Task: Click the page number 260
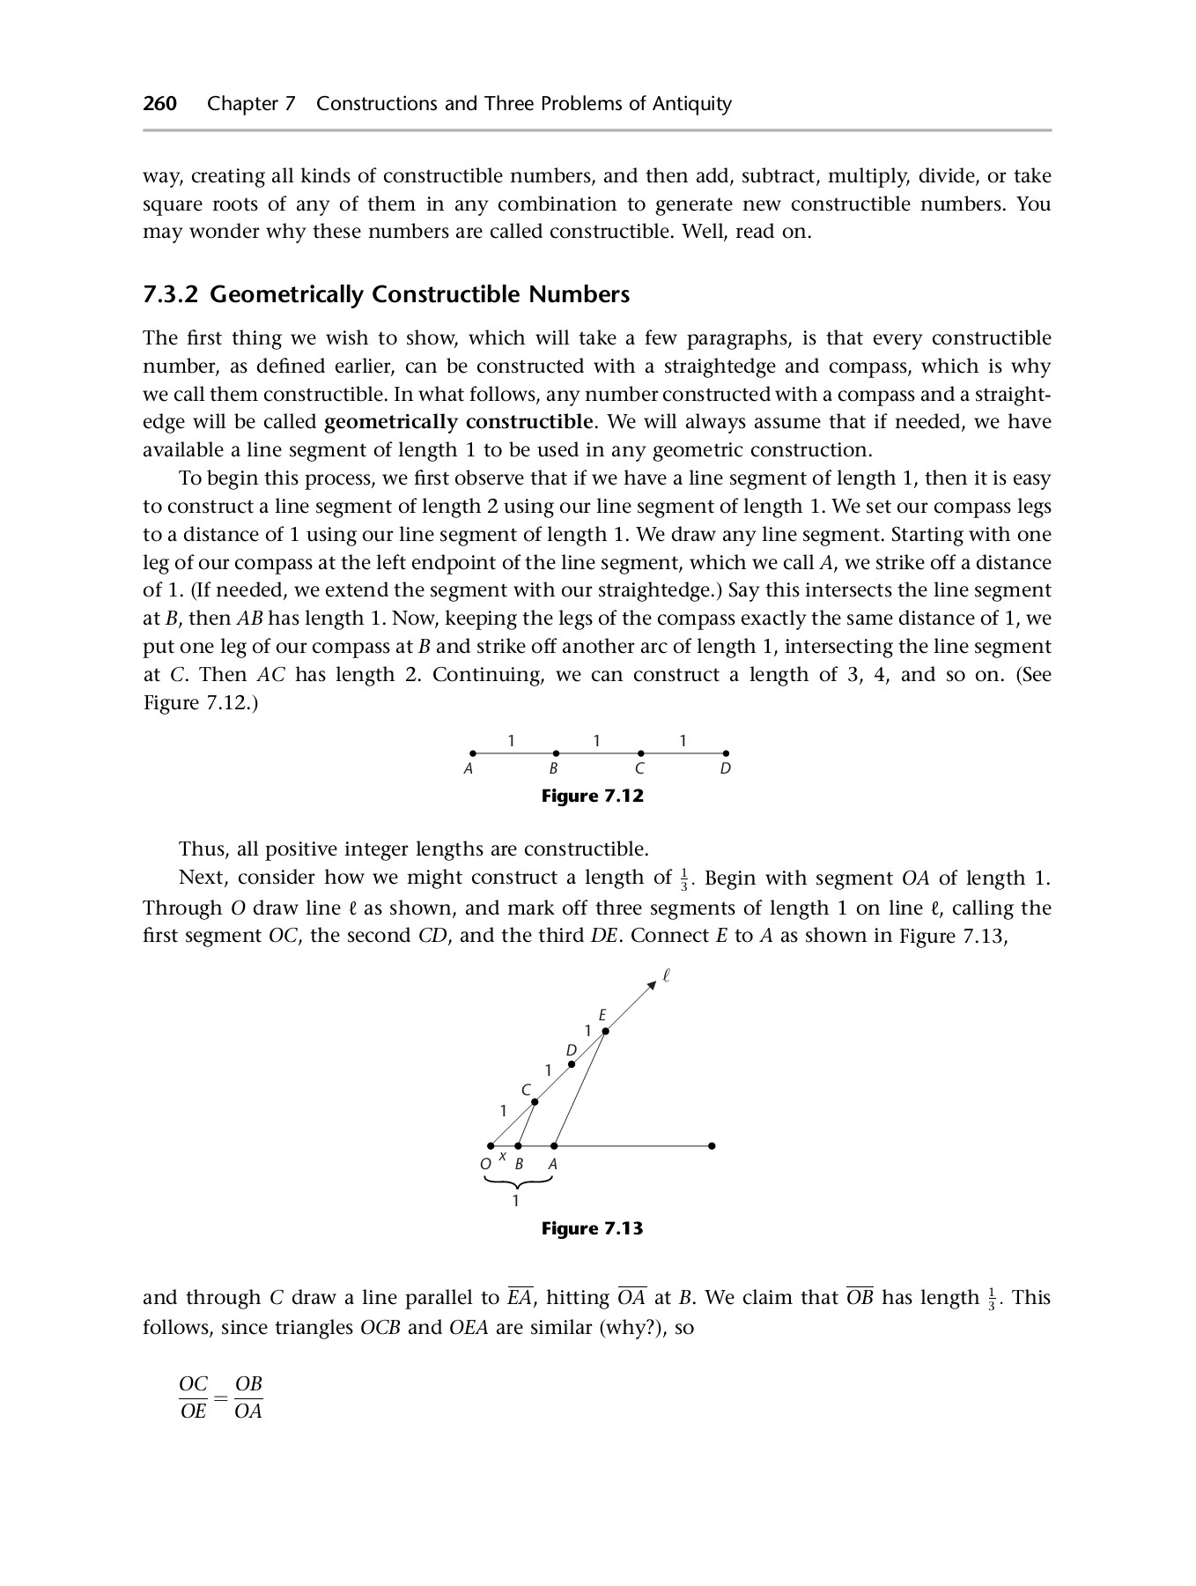pyautogui.click(x=160, y=104)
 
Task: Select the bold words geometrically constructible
pyautogui.click(x=458, y=422)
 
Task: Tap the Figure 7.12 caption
pyautogui.click(x=592, y=797)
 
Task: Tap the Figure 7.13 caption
pyautogui.click(x=592, y=1228)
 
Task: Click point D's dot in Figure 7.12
pyautogui.click(x=726, y=753)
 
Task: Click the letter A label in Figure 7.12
pyautogui.click(x=469, y=769)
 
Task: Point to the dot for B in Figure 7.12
pyautogui.click(x=556, y=753)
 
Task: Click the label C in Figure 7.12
pyautogui.click(x=639, y=769)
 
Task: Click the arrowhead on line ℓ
pyautogui.click(x=652, y=984)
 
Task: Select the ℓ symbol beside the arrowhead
pyautogui.click(x=667, y=975)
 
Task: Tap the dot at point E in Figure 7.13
pyautogui.click(x=605, y=1031)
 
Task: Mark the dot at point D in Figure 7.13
pyautogui.click(x=572, y=1064)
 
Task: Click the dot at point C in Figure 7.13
pyautogui.click(x=535, y=1101)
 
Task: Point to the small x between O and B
pyautogui.click(x=503, y=1156)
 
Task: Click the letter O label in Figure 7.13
pyautogui.click(x=485, y=1164)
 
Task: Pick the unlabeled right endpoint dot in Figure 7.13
pyautogui.click(x=712, y=1146)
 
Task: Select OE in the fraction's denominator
pyautogui.click(x=193, y=1412)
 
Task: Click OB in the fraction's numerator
pyautogui.click(x=249, y=1384)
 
